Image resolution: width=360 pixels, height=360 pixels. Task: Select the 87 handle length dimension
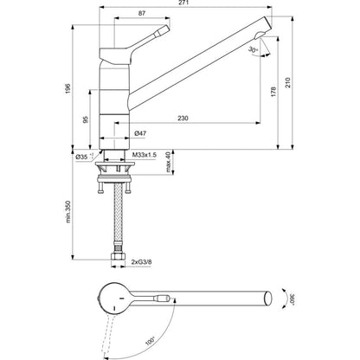click(x=142, y=13)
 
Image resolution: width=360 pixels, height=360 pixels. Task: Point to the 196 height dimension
click(x=67, y=87)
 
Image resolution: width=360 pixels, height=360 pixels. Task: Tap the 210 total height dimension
click(x=288, y=83)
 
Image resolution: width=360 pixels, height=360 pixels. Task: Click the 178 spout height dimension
click(x=273, y=92)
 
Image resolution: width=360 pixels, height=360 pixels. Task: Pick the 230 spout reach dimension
click(x=183, y=118)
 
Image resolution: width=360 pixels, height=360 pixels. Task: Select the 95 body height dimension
click(x=86, y=119)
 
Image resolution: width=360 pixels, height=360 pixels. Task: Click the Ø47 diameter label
click(x=140, y=133)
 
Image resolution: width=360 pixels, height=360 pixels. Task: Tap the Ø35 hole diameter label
click(x=83, y=157)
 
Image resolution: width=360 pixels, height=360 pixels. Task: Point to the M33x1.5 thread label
click(x=145, y=155)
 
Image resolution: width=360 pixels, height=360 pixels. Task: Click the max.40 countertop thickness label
click(x=169, y=162)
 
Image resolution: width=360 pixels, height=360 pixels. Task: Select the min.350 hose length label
click(x=68, y=211)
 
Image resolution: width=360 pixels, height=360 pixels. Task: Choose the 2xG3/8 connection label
click(x=141, y=262)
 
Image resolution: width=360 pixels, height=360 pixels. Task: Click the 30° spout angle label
click(x=253, y=50)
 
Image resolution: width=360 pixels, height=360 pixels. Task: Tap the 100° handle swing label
click(x=150, y=341)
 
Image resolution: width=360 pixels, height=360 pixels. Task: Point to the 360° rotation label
click(x=292, y=299)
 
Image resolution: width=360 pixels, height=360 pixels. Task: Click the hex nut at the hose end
click(x=118, y=258)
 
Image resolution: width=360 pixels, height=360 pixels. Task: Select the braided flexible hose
click(x=118, y=215)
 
